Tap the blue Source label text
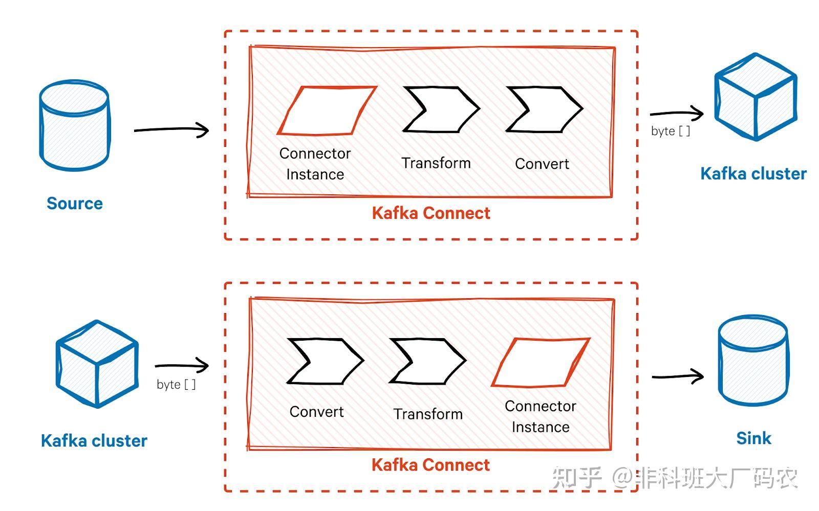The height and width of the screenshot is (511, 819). pyautogui.click(x=75, y=204)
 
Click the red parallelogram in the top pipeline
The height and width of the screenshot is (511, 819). pyautogui.click(x=327, y=111)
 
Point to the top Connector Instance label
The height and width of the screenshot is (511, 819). pyautogui.click(x=315, y=164)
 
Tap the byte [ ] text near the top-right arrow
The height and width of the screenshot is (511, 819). pyautogui.click(x=670, y=131)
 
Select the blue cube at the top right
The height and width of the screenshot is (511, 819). pyautogui.click(x=756, y=97)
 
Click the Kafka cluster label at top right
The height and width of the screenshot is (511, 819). pyautogui.click(x=753, y=174)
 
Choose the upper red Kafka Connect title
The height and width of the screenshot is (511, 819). pyautogui.click(x=430, y=213)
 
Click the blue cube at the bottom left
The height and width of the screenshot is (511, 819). pyautogui.click(x=97, y=364)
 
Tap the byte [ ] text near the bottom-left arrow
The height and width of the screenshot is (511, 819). pyautogui.click(x=176, y=385)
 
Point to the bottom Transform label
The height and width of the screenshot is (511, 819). pyautogui.click(x=428, y=414)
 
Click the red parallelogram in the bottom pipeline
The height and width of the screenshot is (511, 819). pyautogui.click(x=541, y=363)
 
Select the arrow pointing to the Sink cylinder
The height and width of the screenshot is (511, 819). pyautogui.click(x=677, y=376)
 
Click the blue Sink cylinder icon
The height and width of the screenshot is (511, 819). pyautogui.click(x=752, y=361)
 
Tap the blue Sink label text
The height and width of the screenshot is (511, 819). pyautogui.click(x=753, y=438)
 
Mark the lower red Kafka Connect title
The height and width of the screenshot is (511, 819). pyautogui.click(x=430, y=465)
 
